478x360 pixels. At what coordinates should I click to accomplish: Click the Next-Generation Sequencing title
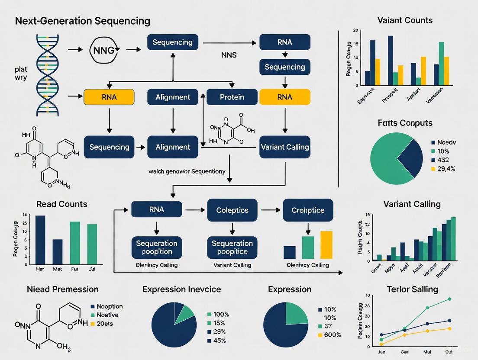tap(82, 21)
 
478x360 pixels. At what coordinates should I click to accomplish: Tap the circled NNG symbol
tap(104, 50)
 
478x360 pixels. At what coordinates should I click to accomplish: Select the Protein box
tap(232, 97)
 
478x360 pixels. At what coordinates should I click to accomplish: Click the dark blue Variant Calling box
tap(284, 147)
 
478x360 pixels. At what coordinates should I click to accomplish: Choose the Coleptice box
tap(232, 210)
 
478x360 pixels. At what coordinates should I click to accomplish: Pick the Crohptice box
tap(308, 210)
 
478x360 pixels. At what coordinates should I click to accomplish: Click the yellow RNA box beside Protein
tap(284, 97)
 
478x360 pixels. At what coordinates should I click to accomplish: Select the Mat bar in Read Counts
tap(58, 252)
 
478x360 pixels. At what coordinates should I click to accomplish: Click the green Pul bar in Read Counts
tap(75, 243)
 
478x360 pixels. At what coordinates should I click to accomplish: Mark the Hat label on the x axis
tap(40, 269)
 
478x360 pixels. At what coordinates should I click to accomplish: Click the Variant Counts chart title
tap(404, 20)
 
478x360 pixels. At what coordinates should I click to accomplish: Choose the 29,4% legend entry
tap(446, 169)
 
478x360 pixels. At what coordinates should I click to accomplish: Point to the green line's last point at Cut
tap(449, 299)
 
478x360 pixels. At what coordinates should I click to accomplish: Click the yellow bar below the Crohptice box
tap(326, 245)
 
